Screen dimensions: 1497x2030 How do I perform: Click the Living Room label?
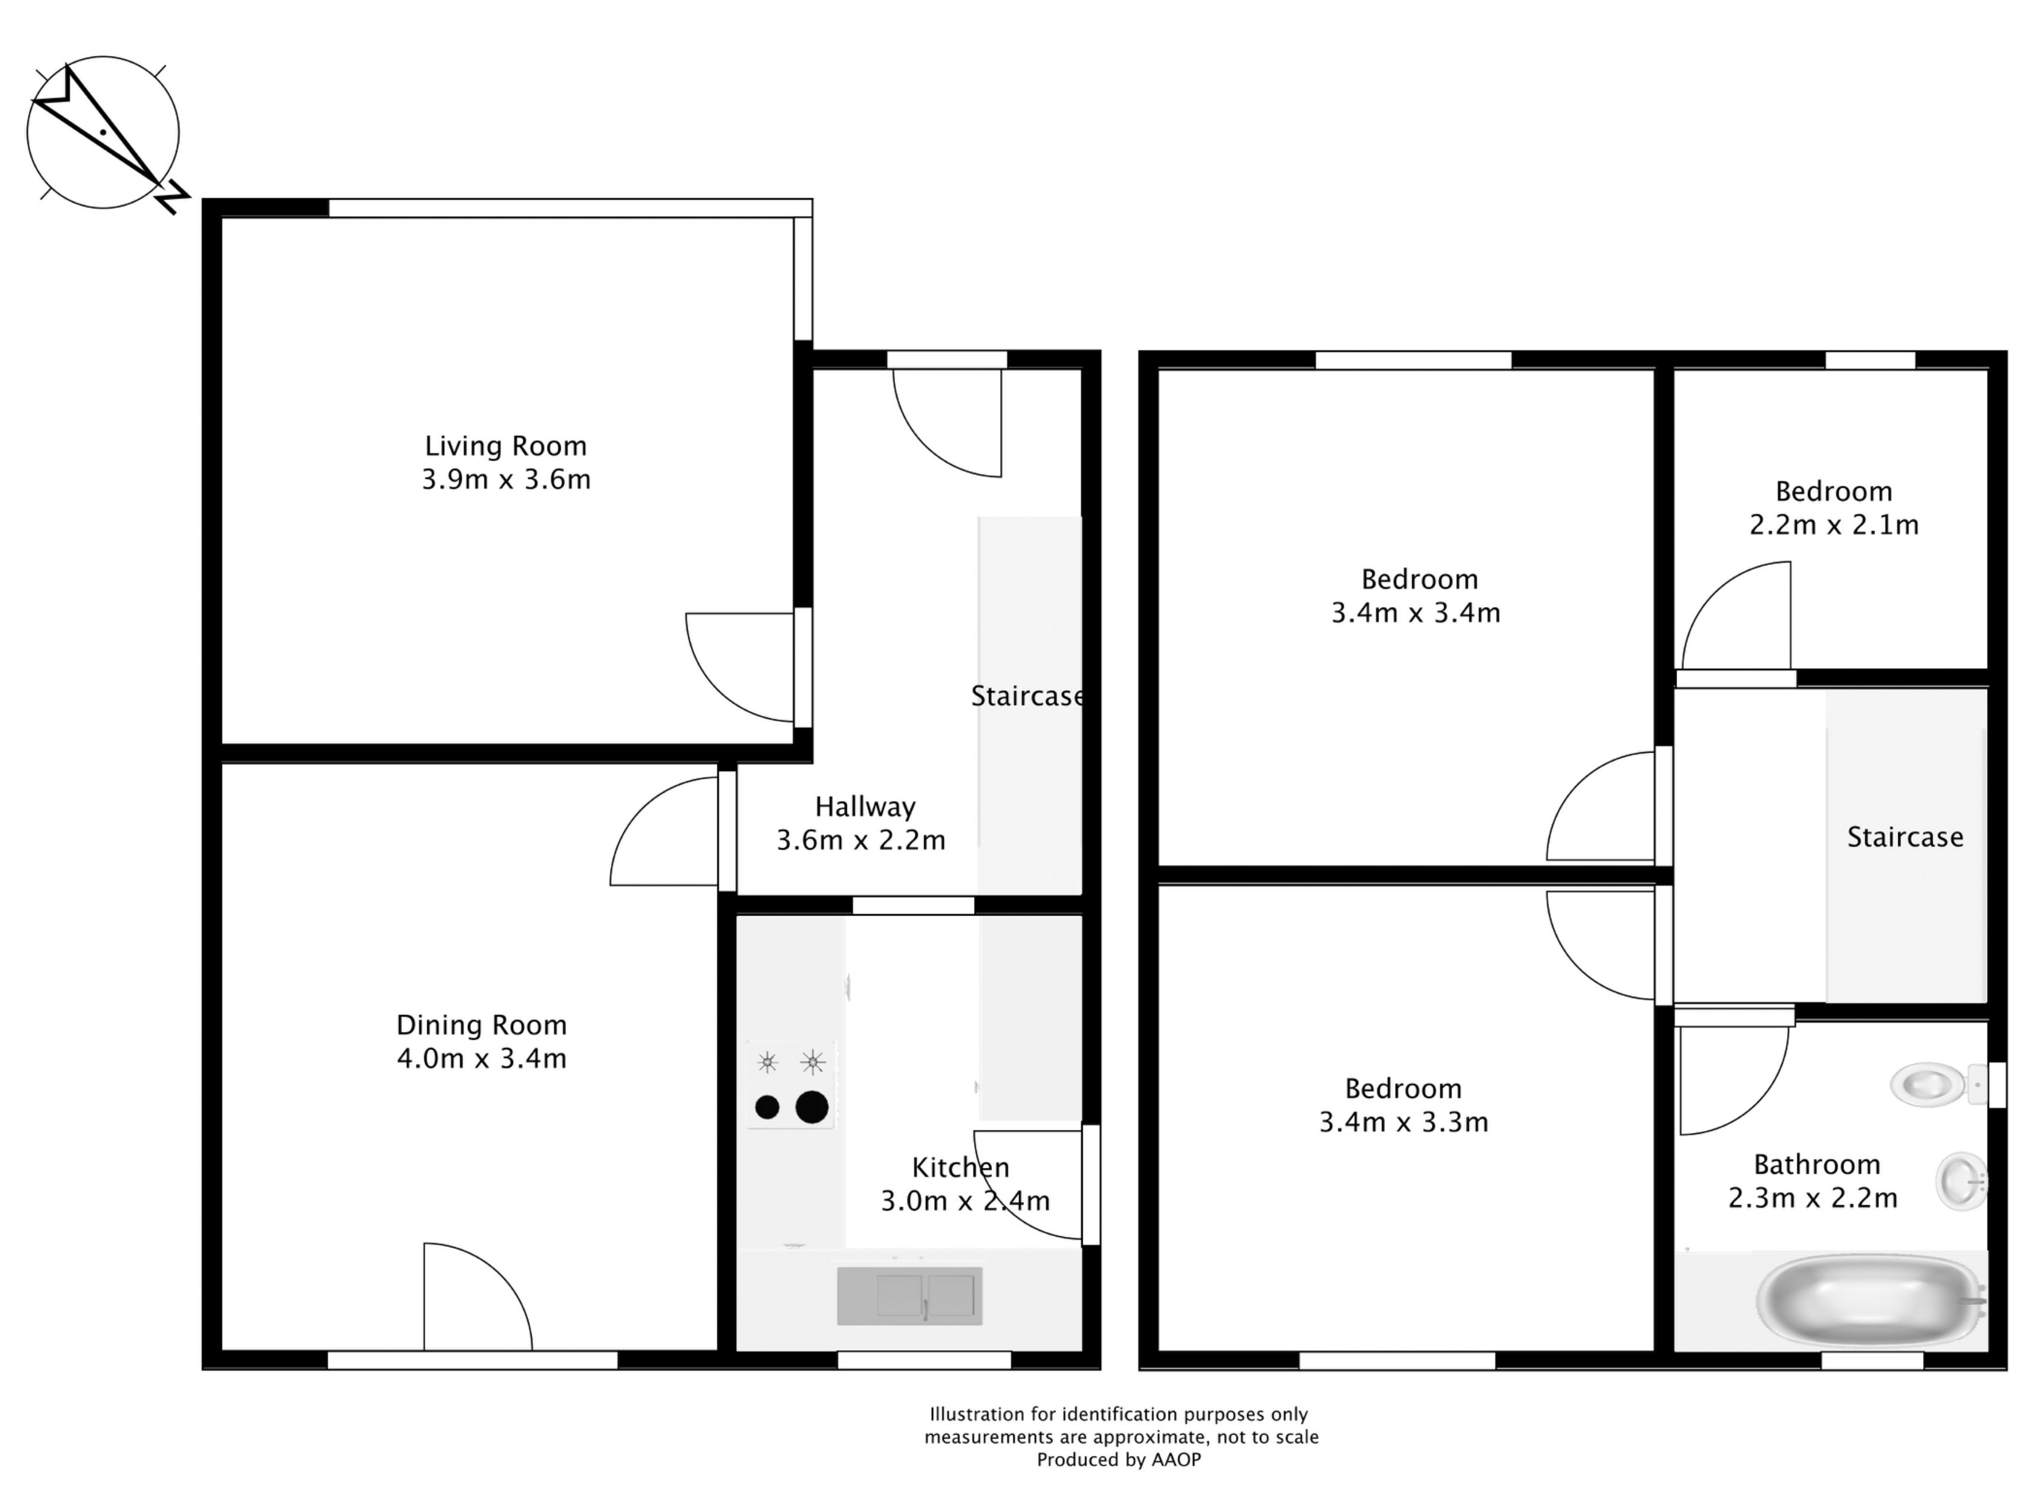pyautogui.click(x=505, y=446)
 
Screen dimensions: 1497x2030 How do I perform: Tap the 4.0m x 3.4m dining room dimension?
pyautogui.click(x=481, y=1059)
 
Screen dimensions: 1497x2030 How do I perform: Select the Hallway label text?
pyautogui.click(x=864, y=807)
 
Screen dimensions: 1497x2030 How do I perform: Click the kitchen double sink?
pyautogui.click(x=909, y=1296)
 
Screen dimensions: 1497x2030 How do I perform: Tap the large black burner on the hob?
pyautogui.click(x=812, y=1107)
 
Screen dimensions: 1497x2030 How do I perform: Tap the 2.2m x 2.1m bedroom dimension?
pyautogui.click(x=1833, y=525)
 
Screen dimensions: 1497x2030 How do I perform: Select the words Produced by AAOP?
pyautogui.click(x=1119, y=1460)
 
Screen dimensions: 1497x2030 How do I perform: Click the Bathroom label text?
pyautogui.click(x=1816, y=1164)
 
